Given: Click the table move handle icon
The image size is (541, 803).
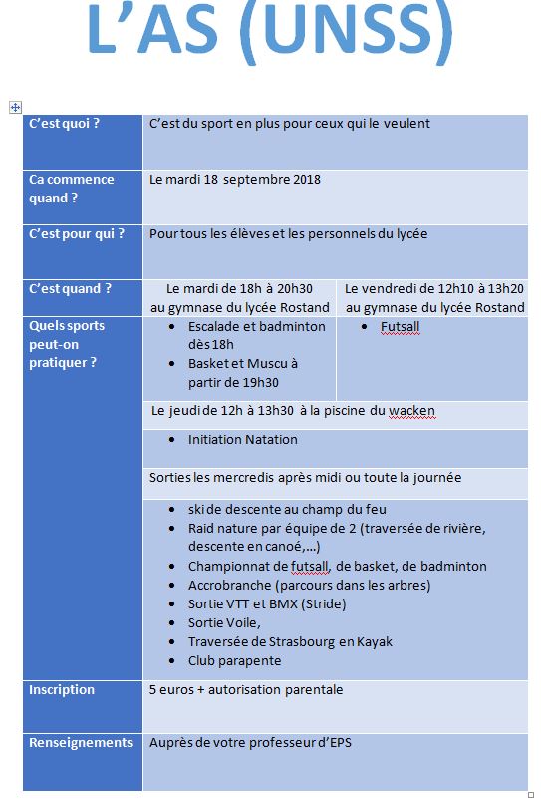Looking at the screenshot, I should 14,106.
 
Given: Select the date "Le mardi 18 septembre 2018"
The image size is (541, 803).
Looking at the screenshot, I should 235,180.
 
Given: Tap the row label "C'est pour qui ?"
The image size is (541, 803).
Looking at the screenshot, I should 77,234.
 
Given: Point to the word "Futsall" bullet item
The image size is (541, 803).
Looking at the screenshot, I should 400,326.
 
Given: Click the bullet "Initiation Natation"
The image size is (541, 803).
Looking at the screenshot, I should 242,439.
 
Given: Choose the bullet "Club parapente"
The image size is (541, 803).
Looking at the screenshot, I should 234,660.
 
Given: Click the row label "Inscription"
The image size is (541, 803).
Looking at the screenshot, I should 62,690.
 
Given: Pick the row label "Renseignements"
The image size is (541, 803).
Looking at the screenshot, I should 81,743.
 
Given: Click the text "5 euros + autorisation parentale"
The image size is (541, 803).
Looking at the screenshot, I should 246,690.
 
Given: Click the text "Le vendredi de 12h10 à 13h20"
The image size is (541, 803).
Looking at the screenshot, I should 433,288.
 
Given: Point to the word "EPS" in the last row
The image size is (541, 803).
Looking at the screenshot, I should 339,743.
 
